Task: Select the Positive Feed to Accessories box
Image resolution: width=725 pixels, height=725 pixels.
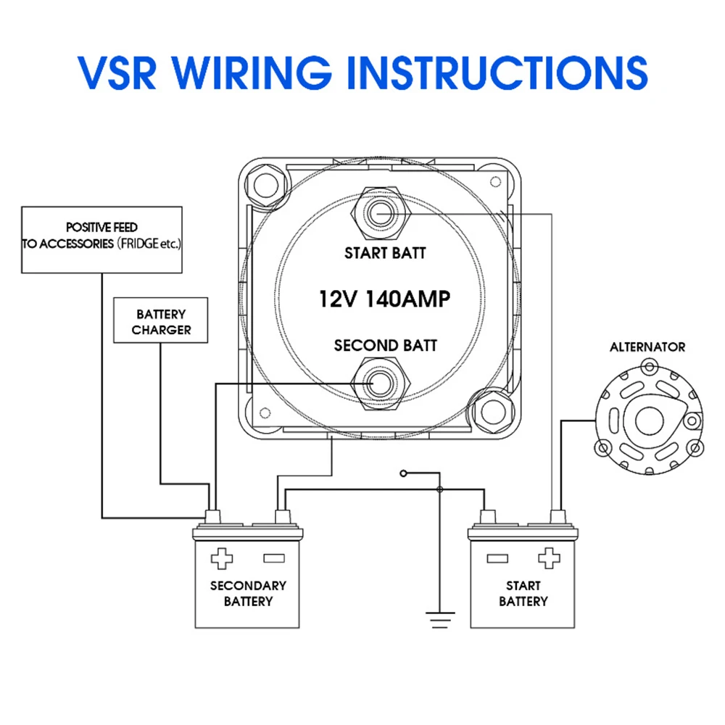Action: (101, 239)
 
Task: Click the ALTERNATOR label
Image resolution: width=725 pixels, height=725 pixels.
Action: (647, 347)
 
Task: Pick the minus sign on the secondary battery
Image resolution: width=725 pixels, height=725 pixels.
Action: (273, 559)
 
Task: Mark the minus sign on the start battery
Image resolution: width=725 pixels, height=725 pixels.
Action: (497, 558)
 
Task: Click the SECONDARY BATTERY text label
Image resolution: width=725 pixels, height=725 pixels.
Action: (248, 593)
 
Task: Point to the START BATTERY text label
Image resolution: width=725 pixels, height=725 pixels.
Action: (523, 593)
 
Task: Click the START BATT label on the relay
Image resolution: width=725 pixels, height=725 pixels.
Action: (385, 253)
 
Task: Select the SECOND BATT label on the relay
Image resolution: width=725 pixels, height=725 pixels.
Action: (385, 345)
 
